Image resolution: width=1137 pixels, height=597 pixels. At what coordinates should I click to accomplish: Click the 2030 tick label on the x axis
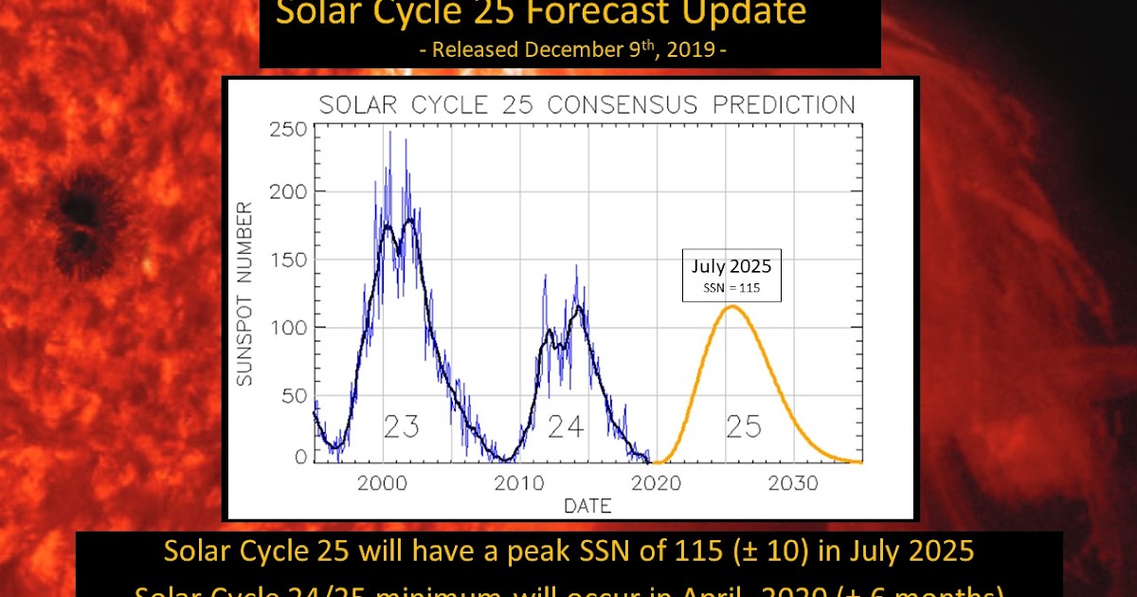pyautogui.click(x=793, y=483)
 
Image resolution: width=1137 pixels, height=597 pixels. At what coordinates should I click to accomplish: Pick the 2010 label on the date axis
pyautogui.click(x=519, y=483)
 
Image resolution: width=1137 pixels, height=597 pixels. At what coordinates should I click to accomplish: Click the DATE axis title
pyautogui.click(x=587, y=506)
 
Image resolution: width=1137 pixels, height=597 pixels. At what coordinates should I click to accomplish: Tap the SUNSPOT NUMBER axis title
pyautogui.click(x=244, y=294)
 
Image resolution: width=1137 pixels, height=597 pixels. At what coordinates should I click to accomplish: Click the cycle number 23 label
pyautogui.click(x=401, y=427)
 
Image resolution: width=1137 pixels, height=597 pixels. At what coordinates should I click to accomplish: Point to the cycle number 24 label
pyautogui.click(x=565, y=427)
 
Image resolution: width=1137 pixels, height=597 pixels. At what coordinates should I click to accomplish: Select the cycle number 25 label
pyautogui.click(x=744, y=427)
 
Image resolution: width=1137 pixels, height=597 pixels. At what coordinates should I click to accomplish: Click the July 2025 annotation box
pyautogui.click(x=731, y=276)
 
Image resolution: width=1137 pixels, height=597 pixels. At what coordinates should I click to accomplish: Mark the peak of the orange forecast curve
pyautogui.click(x=731, y=306)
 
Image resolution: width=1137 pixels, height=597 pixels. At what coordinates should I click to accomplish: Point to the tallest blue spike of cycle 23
pyautogui.click(x=389, y=133)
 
